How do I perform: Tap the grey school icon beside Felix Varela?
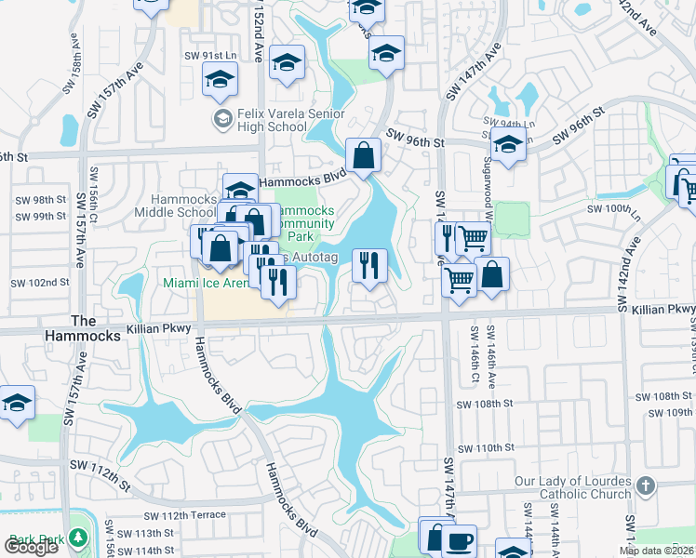pos(222,119)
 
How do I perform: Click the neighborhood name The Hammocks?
pos(96,327)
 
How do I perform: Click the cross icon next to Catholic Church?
pos(647,485)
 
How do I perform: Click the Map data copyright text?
pos(657,551)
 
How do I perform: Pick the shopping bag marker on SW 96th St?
pos(364,155)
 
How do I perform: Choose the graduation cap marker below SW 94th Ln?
pos(508,145)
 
